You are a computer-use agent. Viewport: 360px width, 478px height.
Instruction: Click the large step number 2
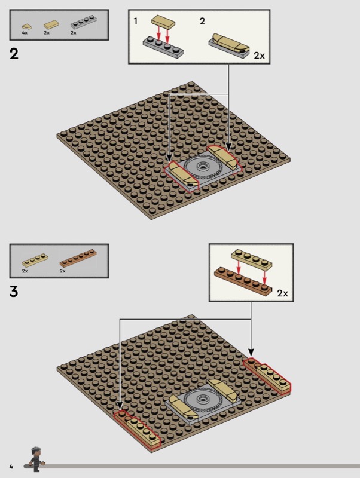pyautogui.click(x=14, y=54)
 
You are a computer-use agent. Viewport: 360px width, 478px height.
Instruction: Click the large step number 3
pyautogui.click(x=14, y=291)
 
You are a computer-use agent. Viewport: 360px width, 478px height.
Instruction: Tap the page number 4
pyautogui.click(x=11, y=467)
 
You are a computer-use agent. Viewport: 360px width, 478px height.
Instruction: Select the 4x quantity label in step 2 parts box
pyautogui.click(x=25, y=33)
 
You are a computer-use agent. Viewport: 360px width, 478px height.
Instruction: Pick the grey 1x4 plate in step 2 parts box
pyautogui.click(x=84, y=23)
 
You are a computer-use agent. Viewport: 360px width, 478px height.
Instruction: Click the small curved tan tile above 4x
pyautogui.click(x=26, y=26)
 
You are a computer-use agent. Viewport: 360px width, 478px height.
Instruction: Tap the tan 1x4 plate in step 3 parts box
pyautogui.click(x=35, y=260)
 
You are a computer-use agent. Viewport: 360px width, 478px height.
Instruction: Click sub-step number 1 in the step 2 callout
pyautogui.click(x=136, y=21)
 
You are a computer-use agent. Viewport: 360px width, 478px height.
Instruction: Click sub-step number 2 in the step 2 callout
pyautogui.click(x=202, y=21)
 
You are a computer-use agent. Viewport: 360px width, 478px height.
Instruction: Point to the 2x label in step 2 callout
pyautogui.click(x=260, y=56)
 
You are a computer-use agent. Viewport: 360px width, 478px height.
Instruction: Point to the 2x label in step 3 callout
pyautogui.click(x=282, y=293)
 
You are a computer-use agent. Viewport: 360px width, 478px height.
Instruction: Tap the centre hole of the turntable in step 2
pyautogui.click(x=202, y=166)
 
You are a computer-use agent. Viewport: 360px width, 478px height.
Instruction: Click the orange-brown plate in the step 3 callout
pyautogui.click(x=243, y=279)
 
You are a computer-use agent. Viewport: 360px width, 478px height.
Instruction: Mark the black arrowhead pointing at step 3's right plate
pyautogui.click(x=251, y=353)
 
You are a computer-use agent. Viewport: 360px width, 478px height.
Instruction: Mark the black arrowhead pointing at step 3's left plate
pyautogui.click(x=120, y=406)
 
